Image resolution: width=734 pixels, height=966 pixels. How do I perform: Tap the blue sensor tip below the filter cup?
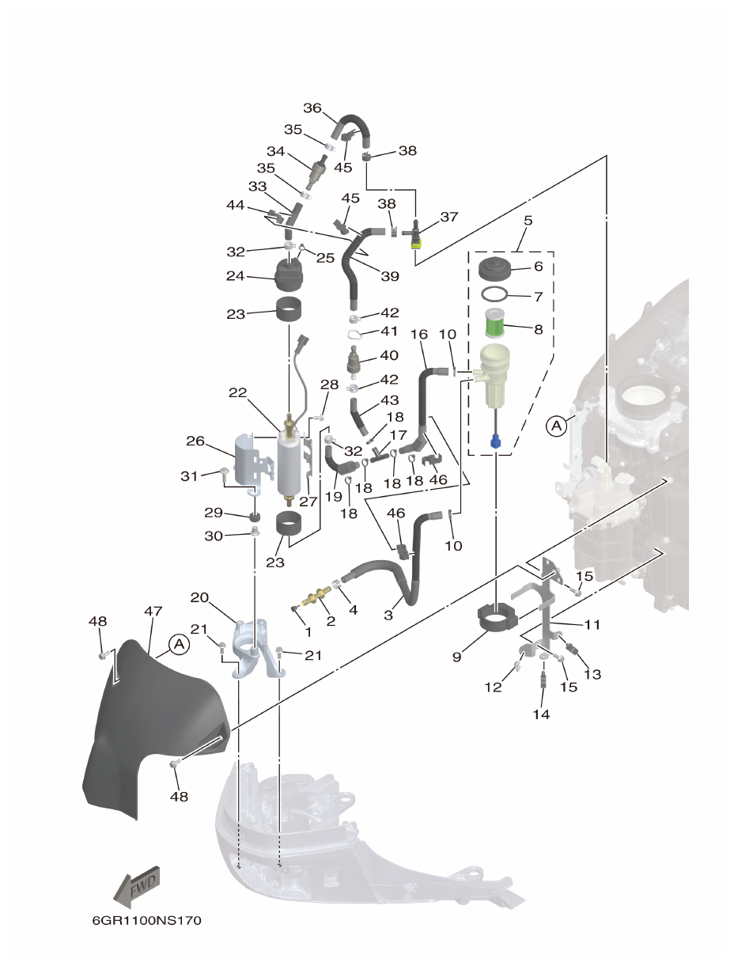tap(495, 441)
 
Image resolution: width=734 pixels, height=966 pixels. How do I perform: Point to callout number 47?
tap(153, 612)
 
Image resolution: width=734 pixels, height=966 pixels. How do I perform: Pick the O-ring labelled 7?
tap(495, 296)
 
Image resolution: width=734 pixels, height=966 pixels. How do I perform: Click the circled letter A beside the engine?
tap(557, 426)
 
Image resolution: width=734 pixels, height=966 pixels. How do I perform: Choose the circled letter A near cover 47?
tap(180, 645)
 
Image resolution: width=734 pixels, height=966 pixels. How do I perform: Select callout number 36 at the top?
tap(312, 108)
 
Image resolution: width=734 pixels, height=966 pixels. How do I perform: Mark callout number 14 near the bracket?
tap(541, 714)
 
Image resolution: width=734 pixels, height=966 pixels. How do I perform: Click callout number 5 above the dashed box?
tap(528, 220)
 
